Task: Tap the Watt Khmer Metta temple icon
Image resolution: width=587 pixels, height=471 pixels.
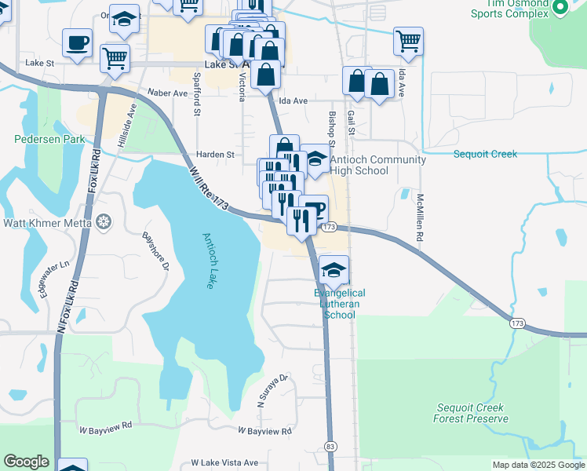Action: click(104, 223)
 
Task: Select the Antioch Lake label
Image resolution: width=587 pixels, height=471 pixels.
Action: click(208, 261)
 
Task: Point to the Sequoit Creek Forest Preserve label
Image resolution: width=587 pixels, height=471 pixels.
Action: click(471, 413)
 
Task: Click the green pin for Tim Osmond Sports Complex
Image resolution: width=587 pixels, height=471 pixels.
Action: click(560, 8)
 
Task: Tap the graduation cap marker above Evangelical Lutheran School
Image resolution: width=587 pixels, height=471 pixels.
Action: click(334, 270)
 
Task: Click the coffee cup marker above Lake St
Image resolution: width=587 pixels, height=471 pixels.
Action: click(78, 42)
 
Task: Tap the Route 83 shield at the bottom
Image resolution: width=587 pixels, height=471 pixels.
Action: click(331, 447)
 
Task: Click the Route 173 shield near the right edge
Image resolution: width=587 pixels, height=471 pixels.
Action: click(516, 323)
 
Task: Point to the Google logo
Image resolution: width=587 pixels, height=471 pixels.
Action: click(26, 462)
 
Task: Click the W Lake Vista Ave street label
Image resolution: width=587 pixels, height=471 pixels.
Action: click(224, 463)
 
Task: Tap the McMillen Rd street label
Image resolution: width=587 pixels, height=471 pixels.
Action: click(421, 217)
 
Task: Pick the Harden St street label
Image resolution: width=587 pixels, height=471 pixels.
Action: click(215, 155)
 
